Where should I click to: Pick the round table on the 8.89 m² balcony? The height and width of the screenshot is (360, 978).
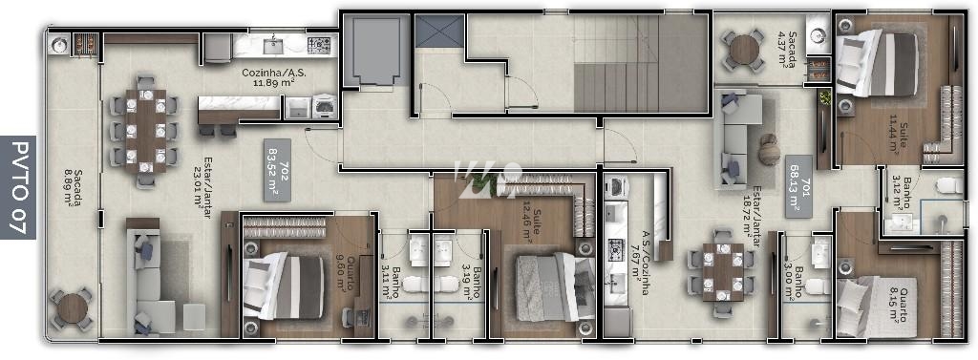pyautogui.click(x=71, y=307)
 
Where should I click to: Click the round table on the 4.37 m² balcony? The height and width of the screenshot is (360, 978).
pyautogui.click(x=742, y=49)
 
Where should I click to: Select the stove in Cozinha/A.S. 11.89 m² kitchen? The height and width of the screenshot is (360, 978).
pyautogui.click(x=319, y=44)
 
